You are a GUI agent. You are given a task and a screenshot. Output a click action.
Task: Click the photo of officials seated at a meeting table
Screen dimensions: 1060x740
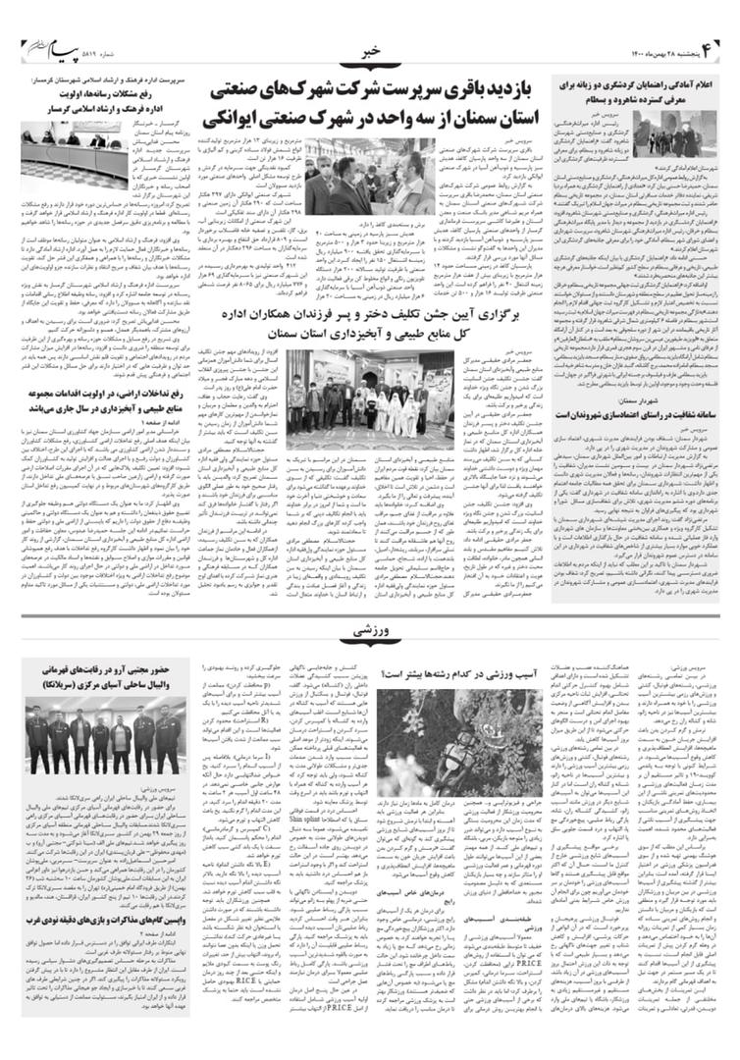tap(90, 145)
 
